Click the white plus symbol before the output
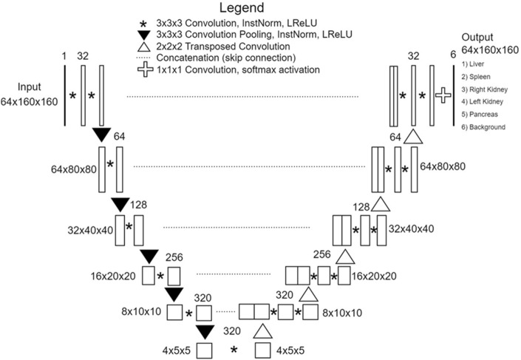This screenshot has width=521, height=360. [443, 95]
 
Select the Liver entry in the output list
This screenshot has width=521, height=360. [472, 74]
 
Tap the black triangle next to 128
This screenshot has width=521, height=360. [120, 203]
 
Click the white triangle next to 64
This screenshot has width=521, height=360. [413, 136]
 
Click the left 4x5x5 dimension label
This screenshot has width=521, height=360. [177, 348]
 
